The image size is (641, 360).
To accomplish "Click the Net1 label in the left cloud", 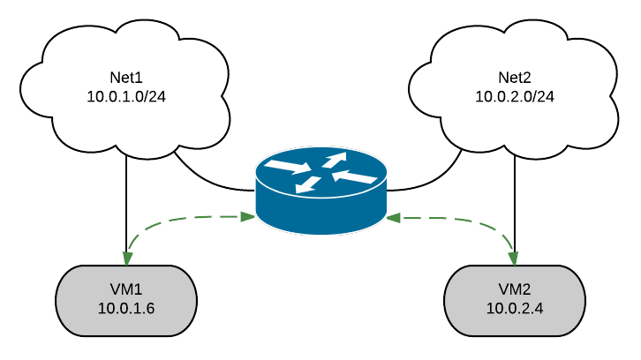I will tap(127, 78).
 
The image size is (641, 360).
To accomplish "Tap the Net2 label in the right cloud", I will tap(515, 78).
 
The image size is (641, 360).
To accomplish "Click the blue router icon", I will tap(320, 190).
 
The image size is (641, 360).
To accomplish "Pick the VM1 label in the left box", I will tap(126, 289).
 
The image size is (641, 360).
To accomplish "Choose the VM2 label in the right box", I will tap(515, 289).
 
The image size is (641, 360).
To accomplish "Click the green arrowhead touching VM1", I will tap(128, 259).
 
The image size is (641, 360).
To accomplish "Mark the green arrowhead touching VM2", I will tap(514, 259).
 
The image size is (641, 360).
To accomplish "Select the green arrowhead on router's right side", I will tap(393, 215).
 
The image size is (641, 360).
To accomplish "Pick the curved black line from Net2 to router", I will tap(433, 182).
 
